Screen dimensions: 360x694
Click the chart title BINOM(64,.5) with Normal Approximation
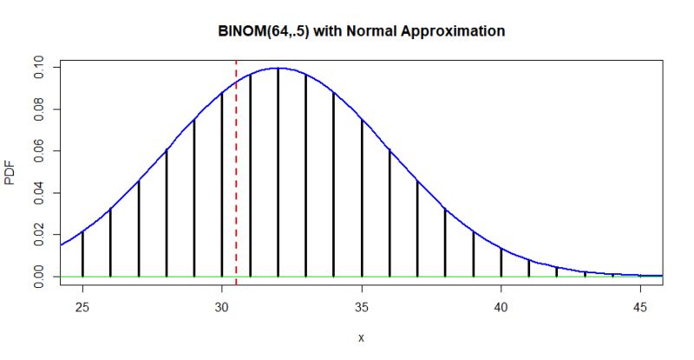point(361,31)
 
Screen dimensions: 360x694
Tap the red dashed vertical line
point(236,173)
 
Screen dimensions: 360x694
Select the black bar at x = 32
point(278,173)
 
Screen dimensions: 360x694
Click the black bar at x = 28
point(167,213)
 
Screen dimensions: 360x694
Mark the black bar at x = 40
point(501,262)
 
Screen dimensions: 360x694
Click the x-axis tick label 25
point(82,306)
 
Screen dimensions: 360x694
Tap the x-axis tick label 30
point(222,306)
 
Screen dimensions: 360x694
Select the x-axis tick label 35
point(362,306)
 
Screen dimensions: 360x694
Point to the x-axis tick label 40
point(501,306)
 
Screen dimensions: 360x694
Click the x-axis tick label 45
point(640,306)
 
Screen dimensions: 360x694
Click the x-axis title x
point(361,337)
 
